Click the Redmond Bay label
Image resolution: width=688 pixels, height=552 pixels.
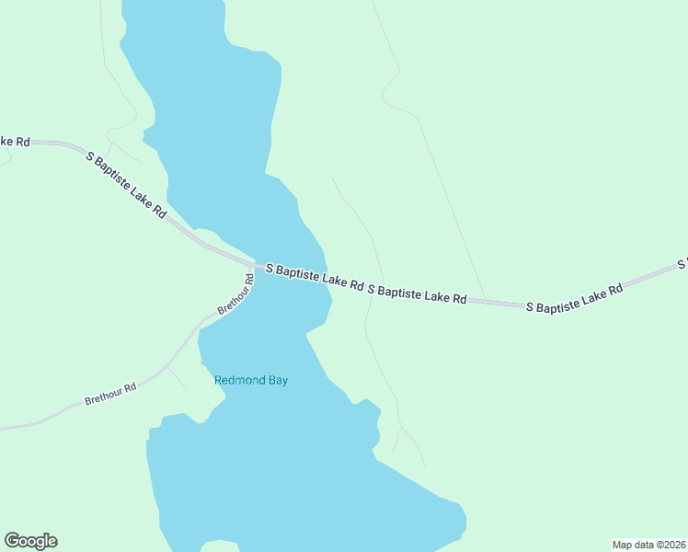250,380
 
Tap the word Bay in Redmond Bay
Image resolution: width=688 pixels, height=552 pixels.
277,380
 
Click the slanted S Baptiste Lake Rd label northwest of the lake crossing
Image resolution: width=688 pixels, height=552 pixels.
127,184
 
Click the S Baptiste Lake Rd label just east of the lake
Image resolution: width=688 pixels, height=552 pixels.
417,293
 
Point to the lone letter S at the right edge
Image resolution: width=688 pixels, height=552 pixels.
682,264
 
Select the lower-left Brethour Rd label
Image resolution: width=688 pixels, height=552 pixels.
109,394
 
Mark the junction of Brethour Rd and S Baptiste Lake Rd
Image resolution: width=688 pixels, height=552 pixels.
251,266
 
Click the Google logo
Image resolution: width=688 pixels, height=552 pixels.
30,541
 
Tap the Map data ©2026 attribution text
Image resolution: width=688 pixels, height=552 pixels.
648,544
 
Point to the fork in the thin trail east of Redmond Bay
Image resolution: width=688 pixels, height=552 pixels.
400,429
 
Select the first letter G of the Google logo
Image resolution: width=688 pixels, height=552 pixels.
12,541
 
